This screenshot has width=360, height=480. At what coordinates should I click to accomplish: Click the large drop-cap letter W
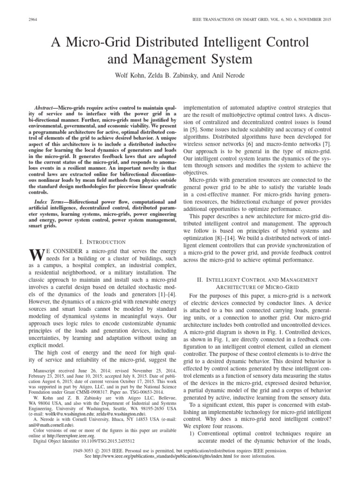click(x=36, y=255)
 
